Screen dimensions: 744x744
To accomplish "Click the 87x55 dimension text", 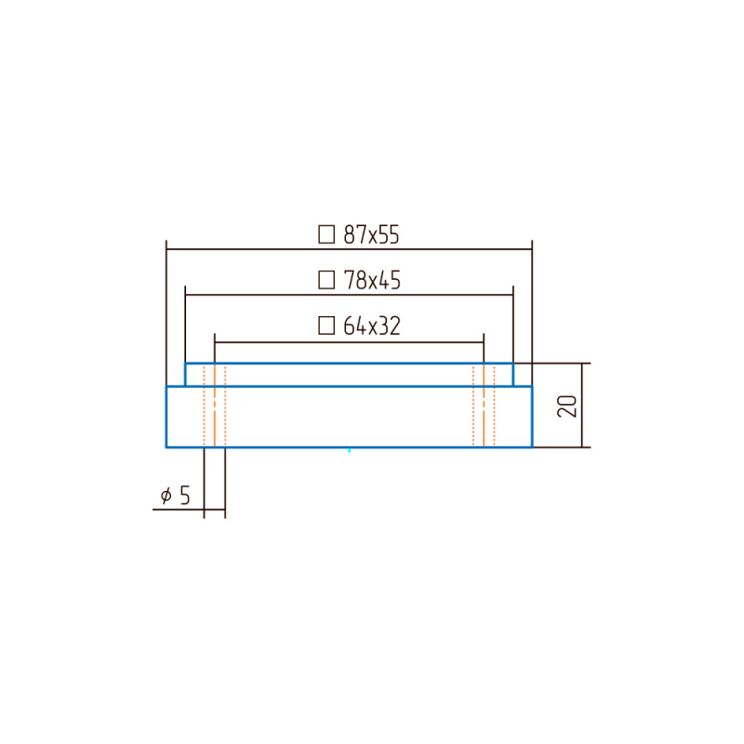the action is [x=371, y=234].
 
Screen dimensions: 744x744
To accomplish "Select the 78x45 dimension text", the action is [x=372, y=280].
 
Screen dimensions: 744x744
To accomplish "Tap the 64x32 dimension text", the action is [x=372, y=326].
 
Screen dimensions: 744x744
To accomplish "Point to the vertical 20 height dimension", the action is [x=567, y=406].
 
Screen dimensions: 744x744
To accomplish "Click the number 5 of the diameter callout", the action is [x=184, y=496].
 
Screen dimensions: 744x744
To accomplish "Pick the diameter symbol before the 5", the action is [x=166, y=496].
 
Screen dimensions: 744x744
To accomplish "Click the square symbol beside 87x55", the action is [x=326, y=234].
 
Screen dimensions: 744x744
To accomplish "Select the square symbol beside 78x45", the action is [x=326, y=280].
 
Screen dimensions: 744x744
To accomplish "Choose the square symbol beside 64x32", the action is [x=326, y=326].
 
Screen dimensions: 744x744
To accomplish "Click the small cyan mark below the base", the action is [x=350, y=450].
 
